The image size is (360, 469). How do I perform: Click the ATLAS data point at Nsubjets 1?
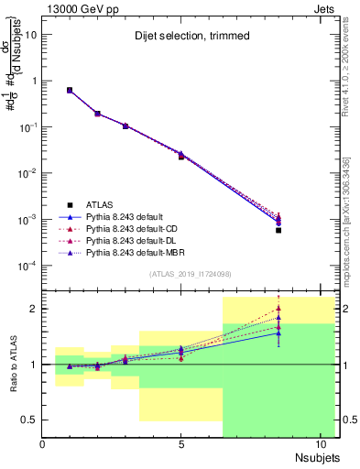pyautogui.click(x=70, y=90)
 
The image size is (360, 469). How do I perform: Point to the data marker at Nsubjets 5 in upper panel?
pyautogui.click(x=181, y=156)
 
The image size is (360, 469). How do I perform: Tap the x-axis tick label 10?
pyautogui.click(x=319, y=445)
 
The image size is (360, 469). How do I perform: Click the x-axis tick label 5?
pyautogui.click(x=181, y=445)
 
